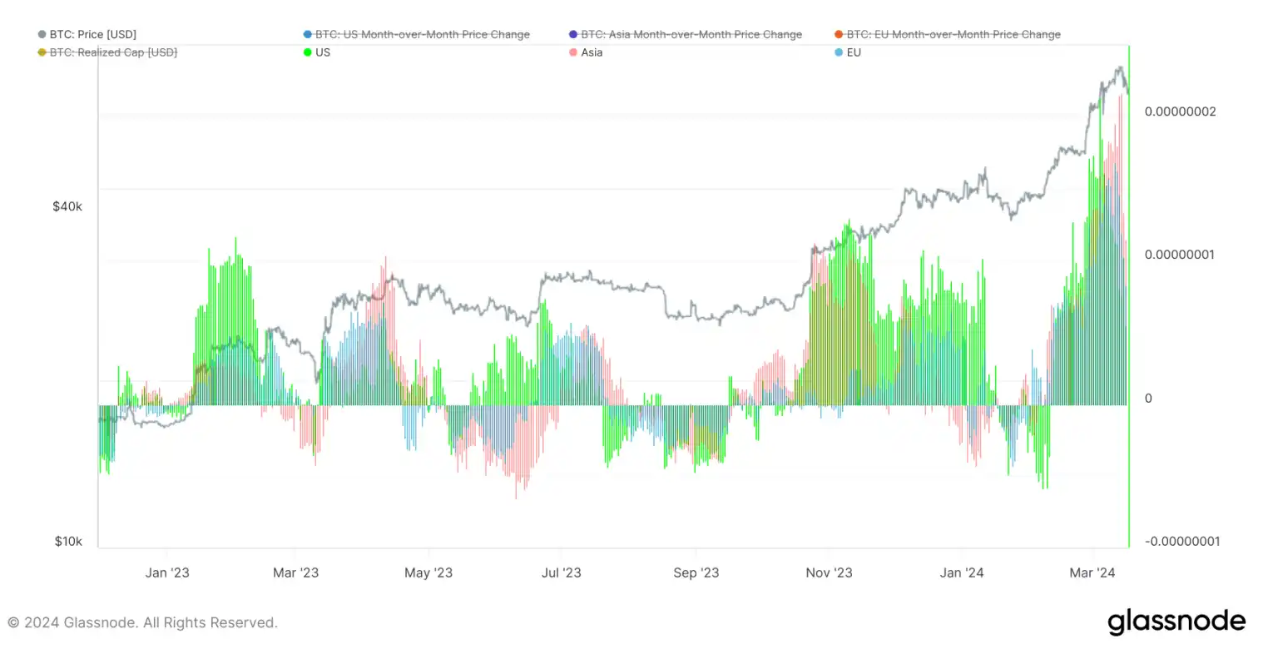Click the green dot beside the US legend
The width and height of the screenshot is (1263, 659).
[x=308, y=52]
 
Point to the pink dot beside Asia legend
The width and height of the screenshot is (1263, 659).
[x=573, y=52]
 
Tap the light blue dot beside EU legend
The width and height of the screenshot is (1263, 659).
[x=839, y=52]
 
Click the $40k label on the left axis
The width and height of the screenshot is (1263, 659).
[x=67, y=206]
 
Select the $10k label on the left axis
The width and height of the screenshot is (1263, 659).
[x=68, y=542]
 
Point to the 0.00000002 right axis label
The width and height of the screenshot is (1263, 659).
[x=1180, y=111]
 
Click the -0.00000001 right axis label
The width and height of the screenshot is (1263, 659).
[x=1181, y=542]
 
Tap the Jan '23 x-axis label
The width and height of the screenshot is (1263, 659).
[x=167, y=572]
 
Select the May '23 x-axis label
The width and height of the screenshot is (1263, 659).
[x=428, y=572]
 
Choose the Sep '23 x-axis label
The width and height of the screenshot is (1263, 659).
[x=696, y=572]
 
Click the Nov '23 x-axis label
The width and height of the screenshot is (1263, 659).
[x=829, y=572]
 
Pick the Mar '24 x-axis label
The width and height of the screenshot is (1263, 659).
[x=1092, y=572]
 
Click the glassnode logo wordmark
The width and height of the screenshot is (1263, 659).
[x=1176, y=622]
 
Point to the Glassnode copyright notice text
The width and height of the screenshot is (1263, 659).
[x=142, y=622]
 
